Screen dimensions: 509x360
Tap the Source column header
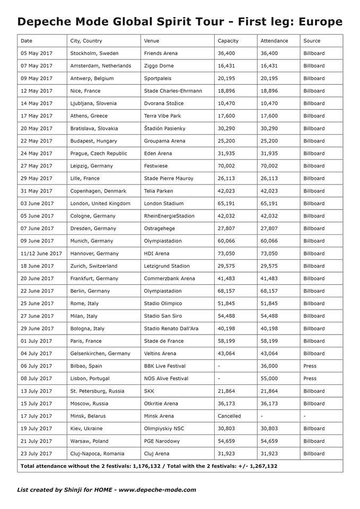312,41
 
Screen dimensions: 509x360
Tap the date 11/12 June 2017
41,253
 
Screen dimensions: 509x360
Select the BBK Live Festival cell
167,366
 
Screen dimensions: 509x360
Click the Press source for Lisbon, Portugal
310,379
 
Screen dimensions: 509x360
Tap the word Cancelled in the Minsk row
229,416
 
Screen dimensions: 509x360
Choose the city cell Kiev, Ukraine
86,428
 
